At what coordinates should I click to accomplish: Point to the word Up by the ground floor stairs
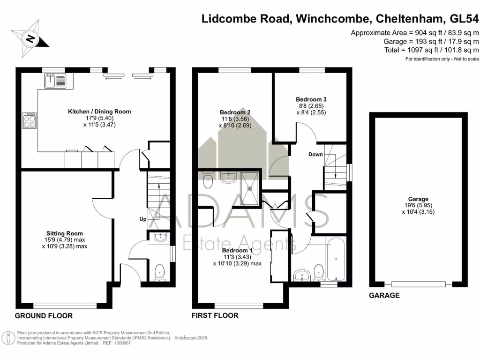click(142, 219)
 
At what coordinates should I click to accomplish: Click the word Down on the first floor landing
click(315, 154)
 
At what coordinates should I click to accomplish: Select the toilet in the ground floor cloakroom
click(160, 271)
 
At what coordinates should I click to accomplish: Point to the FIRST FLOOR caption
click(215, 315)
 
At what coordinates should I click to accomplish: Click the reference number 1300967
click(121, 343)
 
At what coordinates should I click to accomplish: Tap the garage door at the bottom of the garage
click(418, 284)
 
